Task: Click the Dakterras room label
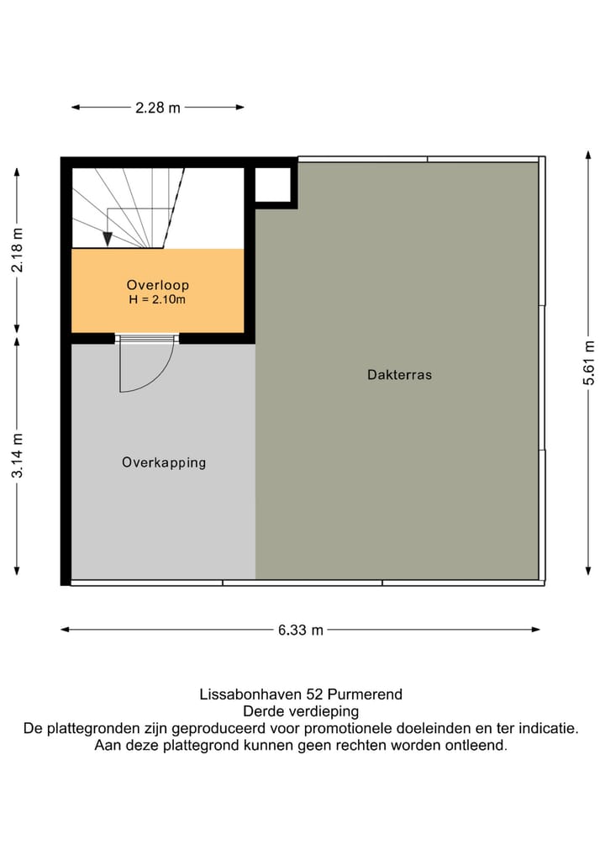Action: click(x=399, y=375)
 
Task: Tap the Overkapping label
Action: click(x=164, y=463)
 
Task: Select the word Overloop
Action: click(x=157, y=285)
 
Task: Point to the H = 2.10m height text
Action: click(x=157, y=299)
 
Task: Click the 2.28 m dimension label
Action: click(x=157, y=108)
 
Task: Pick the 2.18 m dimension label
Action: click(x=18, y=250)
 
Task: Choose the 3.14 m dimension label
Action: click(x=18, y=456)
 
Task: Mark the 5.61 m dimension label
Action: click(x=589, y=363)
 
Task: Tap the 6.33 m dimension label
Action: click(x=300, y=631)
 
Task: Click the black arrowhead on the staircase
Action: click(x=108, y=239)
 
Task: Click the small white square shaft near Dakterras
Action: click(x=273, y=185)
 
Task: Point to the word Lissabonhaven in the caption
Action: click(x=250, y=694)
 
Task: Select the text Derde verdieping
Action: click(x=301, y=711)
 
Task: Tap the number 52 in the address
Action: click(x=314, y=694)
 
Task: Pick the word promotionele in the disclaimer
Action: click(x=348, y=728)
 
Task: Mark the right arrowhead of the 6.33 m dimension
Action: click(x=535, y=630)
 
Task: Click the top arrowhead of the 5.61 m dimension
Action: click(x=589, y=155)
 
